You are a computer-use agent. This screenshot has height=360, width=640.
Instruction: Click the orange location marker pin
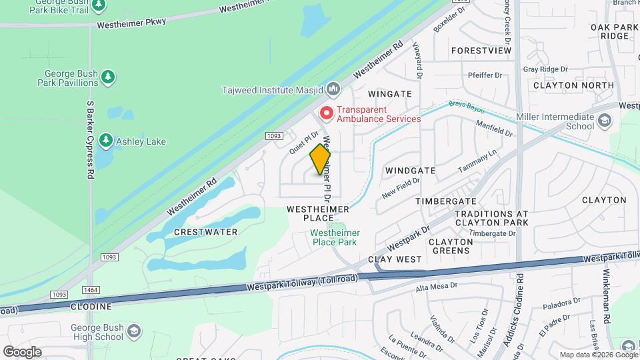[x=321, y=159]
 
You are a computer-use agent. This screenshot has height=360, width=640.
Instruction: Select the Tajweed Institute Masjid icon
[x=334, y=89]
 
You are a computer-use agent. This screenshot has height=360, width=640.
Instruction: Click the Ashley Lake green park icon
[x=105, y=141]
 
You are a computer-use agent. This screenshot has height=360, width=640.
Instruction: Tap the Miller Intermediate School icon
[x=604, y=121]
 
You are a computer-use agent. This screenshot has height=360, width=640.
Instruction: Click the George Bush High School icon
[x=134, y=331]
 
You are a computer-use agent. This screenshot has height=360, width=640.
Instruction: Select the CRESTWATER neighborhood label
[x=205, y=232]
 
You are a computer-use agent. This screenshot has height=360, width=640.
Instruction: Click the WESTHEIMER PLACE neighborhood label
[x=318, y=213]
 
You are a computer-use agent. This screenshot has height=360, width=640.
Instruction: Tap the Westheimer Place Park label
[x=335, y=237]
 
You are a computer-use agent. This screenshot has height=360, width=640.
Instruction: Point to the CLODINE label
[x=91, y=307]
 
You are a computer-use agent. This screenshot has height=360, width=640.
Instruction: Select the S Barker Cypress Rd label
[x=89, y=140]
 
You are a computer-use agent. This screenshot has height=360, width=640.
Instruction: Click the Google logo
[x=22, y=352]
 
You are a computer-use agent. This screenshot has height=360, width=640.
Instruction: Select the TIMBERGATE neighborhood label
[x=445, y=201]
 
